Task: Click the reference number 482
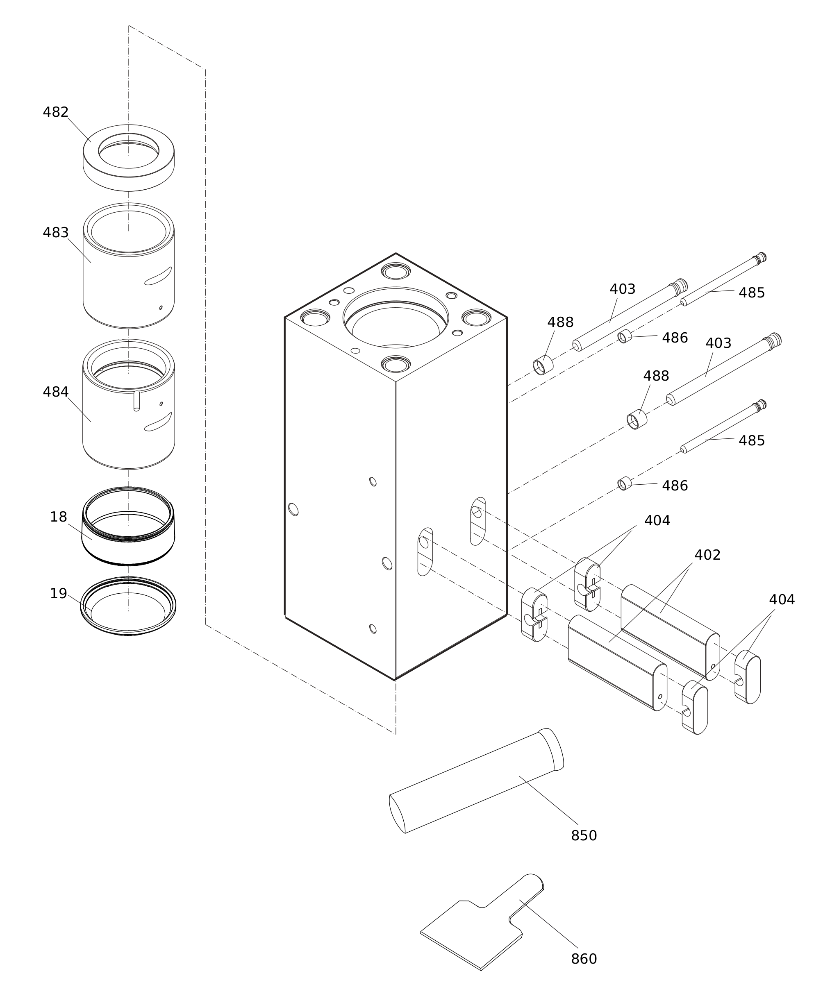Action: (x=56, y=112)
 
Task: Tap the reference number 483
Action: (x=56, y=232)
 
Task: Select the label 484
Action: (x=56, y=392)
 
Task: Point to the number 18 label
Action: (x=59, y=517)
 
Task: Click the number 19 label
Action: (x=59, y=593)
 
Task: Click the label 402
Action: (x=707, y=555)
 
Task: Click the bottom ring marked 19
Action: (x=128, y=628)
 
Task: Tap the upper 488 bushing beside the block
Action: (x=543, y=365)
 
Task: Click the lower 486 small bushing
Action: (x=624, y=483)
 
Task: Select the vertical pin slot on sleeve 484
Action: (x=136, y=400)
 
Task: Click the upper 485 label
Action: (x=751, y=293)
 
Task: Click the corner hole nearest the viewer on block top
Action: (x=396, y=365)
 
